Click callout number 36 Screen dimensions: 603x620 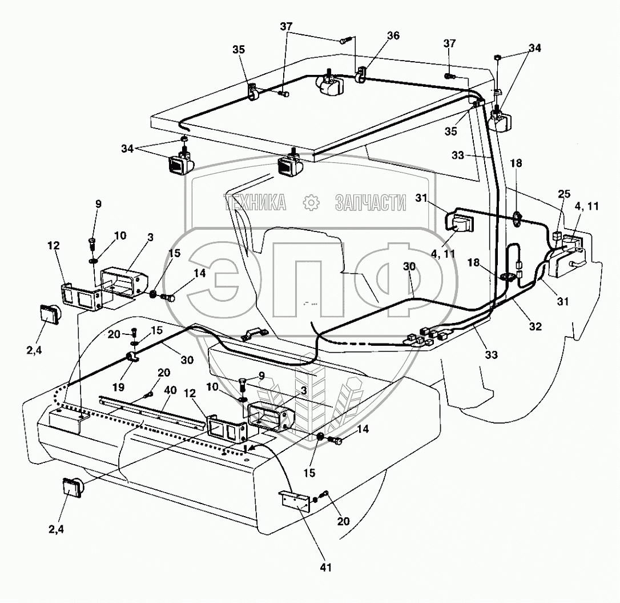(393, 35)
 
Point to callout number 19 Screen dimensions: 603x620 (118, 386)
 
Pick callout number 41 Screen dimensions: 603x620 (326, 567)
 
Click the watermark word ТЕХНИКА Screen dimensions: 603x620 (255, 202)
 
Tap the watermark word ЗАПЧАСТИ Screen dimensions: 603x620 (370, 202)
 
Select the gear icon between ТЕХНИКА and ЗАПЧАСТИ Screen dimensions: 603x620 (311, 202)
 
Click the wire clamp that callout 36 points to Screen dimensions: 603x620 (361, 75)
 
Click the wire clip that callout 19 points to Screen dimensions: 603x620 (134, 359)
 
